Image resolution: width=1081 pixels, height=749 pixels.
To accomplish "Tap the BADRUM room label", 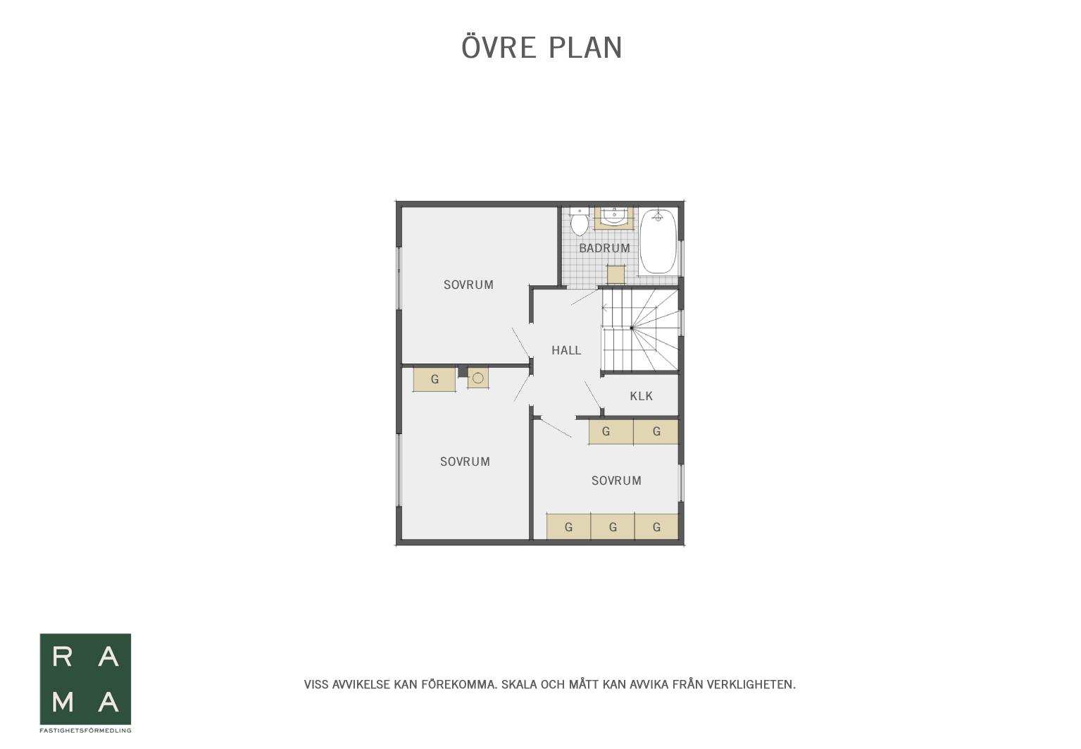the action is coord(605,248).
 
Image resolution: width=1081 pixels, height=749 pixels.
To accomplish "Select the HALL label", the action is coord(566,350).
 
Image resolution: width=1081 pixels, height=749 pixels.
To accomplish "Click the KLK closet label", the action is coord(642,396).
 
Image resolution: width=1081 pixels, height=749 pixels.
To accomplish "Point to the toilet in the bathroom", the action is coord(579,222).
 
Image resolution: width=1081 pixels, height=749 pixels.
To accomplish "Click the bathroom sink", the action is coord(614,218).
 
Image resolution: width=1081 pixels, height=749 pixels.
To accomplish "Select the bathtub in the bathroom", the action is coord(658,242).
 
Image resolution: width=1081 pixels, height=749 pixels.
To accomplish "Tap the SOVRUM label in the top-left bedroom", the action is coord(468,285).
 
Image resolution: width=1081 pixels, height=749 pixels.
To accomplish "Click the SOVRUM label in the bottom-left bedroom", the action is coord(465,462).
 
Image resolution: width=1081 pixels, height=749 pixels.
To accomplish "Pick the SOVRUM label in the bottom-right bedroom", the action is coord(616,481).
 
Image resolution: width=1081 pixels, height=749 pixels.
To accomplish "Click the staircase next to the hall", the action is coord(640,330).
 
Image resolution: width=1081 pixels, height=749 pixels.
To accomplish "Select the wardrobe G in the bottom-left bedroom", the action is coord(435,380).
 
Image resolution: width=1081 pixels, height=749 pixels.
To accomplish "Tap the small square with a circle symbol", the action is coord(477,378).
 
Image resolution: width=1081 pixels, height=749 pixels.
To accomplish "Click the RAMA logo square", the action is coord(85,679).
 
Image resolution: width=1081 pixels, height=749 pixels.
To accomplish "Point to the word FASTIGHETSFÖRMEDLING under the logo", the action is coord(85,731).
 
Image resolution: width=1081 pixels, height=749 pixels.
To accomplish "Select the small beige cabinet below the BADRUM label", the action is coord(616,274).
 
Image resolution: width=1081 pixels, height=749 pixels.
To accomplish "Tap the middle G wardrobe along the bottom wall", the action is coord(613,527).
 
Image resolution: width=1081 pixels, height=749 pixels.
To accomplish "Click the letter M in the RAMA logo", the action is coord(63,702).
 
